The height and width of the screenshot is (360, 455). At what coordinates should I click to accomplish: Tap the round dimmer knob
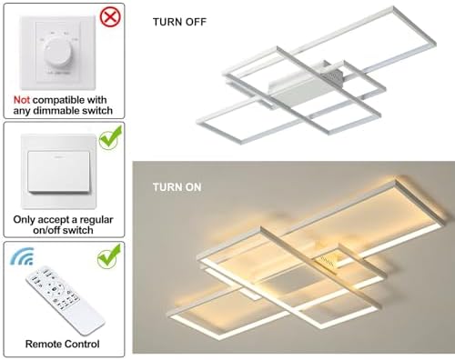(x=62, y=55)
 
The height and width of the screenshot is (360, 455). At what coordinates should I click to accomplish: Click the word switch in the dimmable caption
(x=94, y=111)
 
